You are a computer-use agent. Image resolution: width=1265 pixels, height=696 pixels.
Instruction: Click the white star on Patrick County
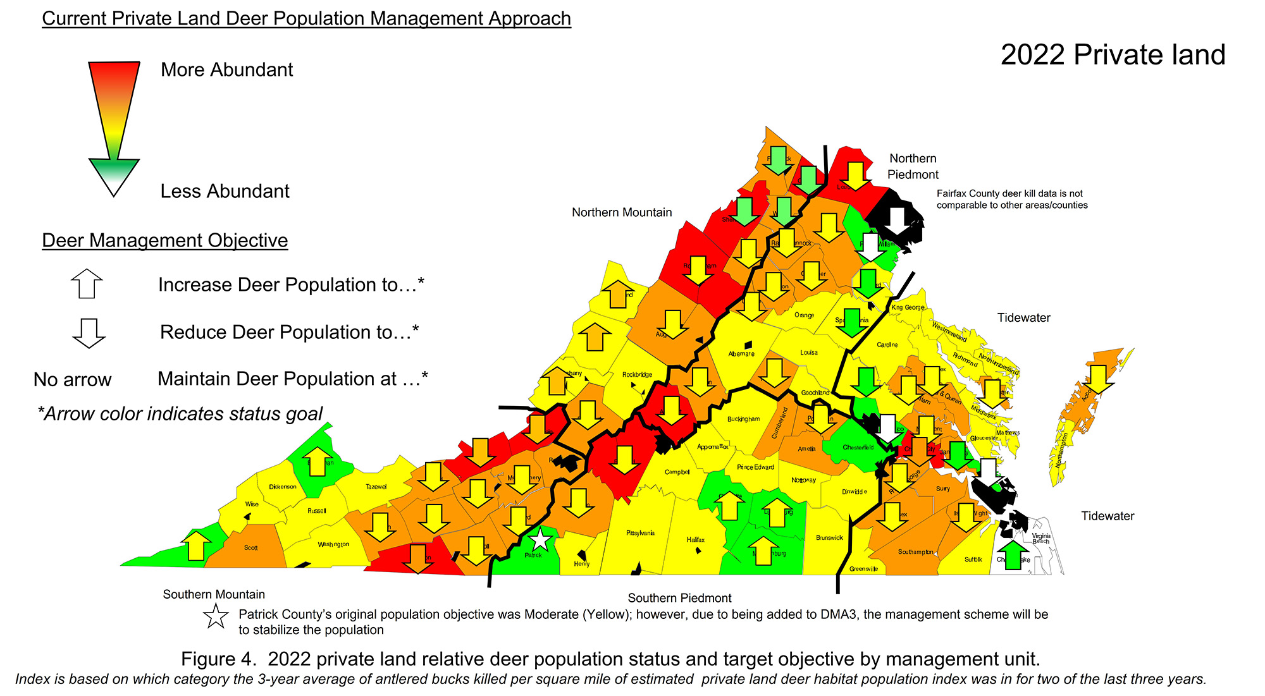tap(540, 540)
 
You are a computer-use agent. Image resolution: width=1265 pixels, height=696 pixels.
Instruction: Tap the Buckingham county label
tap(743, 419)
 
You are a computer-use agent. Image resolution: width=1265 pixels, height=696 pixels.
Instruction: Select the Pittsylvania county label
tap(640, 533)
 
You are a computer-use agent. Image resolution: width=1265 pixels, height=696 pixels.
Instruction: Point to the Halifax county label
tap(696, 540)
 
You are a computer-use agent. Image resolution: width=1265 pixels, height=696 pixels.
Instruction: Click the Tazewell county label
tap(376, 487)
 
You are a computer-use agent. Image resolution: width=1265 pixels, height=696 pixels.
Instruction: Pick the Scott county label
tap(250, 548)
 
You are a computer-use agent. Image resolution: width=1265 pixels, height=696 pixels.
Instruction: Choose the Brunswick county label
tap(829, 538)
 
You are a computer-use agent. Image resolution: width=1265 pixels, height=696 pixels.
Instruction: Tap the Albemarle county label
tap(741, 354)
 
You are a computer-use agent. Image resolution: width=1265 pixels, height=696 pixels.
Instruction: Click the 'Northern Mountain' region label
tap(622, 212)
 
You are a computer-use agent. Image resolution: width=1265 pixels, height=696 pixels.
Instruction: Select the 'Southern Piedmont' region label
tap(679, 598)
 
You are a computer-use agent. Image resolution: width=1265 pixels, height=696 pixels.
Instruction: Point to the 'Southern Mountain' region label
tap(214, 594)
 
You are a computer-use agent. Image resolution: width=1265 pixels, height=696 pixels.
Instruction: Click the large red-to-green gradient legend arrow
tap(114, 126)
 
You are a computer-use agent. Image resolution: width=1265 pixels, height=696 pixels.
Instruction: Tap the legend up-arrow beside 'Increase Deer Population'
tap(87, 283)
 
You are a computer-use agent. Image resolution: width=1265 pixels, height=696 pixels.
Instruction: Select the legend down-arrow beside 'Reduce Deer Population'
tap(89, 333)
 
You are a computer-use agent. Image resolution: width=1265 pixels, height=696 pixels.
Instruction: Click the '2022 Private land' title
tap(1113, 55)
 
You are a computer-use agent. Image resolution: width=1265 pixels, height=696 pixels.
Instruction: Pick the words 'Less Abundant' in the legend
tap(225, 191)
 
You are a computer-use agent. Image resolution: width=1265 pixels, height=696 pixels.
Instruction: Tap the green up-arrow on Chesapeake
tap(1013, 555)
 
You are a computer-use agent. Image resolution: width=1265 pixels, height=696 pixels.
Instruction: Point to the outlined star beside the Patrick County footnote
tap(216, 616)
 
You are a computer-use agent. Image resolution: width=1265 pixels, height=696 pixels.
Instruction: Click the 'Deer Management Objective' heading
tap(164, 240)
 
